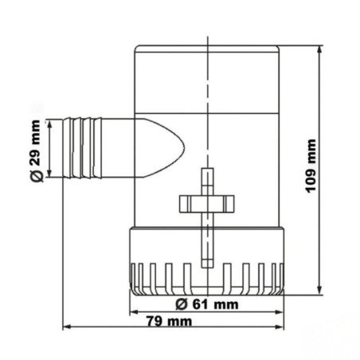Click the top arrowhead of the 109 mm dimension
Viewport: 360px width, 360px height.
coord(319,49)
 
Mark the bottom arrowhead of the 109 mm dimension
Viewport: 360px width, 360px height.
coord(319,290)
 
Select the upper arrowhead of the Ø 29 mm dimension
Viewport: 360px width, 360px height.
coord(53,122)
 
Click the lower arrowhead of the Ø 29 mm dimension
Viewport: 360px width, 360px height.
coord(53,177)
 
